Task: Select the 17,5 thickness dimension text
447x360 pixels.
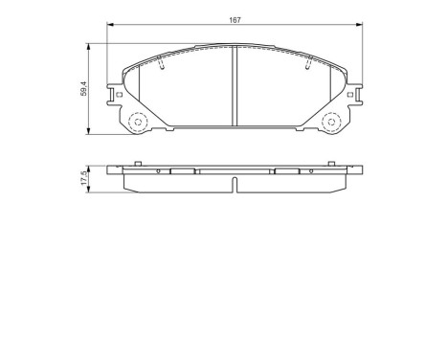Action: tap(84, 179)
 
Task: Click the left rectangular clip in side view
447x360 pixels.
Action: tap(181, 172)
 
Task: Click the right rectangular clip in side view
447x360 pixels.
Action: tap(287, 172)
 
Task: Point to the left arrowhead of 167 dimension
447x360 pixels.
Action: tap(107, 29)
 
